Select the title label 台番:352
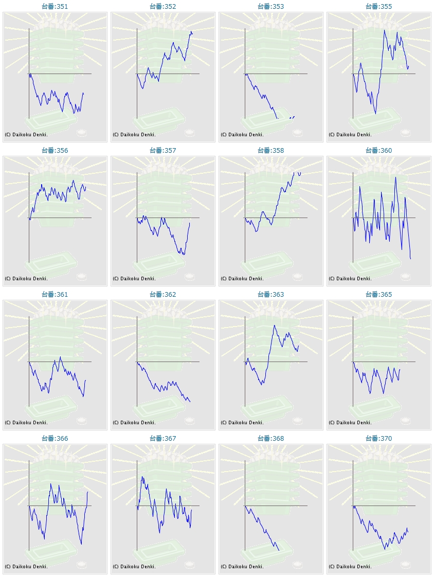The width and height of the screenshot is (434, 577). point(162,7)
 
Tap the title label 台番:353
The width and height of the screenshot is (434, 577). point(270,7)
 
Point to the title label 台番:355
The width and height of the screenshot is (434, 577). point(378,7)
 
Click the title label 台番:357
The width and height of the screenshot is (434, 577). point(162,151)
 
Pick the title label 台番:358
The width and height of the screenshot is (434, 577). point(270,151)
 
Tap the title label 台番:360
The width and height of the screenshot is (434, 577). point(378,151)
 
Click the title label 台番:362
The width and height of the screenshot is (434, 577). point(162,295)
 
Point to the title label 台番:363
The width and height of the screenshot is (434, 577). point(270,295)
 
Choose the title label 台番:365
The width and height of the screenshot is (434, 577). point(378,295)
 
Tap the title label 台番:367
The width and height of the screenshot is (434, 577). point(162,439)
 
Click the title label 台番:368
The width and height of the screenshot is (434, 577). point(270,439)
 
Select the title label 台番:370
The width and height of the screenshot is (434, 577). point(378,439)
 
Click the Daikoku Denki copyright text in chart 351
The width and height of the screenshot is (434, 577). point(26,135)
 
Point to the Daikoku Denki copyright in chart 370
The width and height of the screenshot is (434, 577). point(350,567)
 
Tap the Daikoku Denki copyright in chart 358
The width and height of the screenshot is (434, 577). point(242,279)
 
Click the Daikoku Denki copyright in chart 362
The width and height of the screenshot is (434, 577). point(134,423)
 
